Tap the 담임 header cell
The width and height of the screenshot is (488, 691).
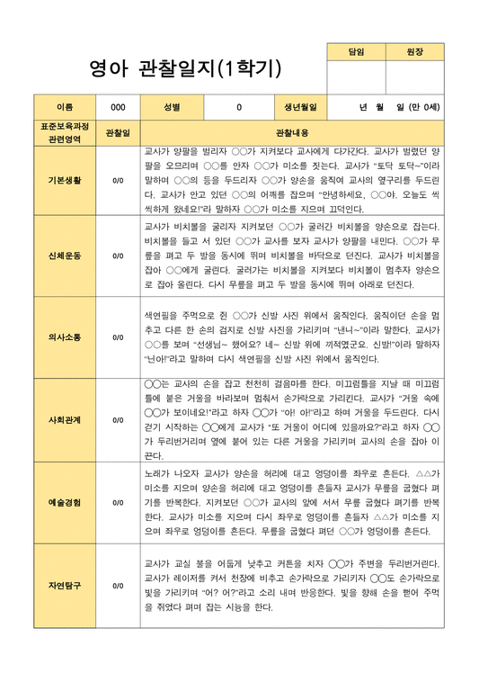[356, 53]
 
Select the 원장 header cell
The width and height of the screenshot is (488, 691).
[414, 53]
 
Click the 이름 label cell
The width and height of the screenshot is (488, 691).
[65, 107]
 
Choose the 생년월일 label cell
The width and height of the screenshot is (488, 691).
[300, 107]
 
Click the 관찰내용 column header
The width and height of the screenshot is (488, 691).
[291, 132]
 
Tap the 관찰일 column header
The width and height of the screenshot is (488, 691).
[118, 132]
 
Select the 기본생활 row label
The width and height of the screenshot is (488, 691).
[65, 180]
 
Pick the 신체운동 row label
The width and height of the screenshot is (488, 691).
[65, 256]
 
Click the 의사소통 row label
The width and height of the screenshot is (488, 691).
[65, 337]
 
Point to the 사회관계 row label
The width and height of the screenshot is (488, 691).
[65, 419]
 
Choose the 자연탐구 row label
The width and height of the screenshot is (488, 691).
[65, 585]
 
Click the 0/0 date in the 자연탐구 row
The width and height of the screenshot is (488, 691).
[118, 585]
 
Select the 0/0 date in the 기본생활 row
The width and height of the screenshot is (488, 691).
[118, 180]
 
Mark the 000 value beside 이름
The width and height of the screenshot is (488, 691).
[118, 107]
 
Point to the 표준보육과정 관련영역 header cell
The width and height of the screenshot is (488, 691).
[65, 132]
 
